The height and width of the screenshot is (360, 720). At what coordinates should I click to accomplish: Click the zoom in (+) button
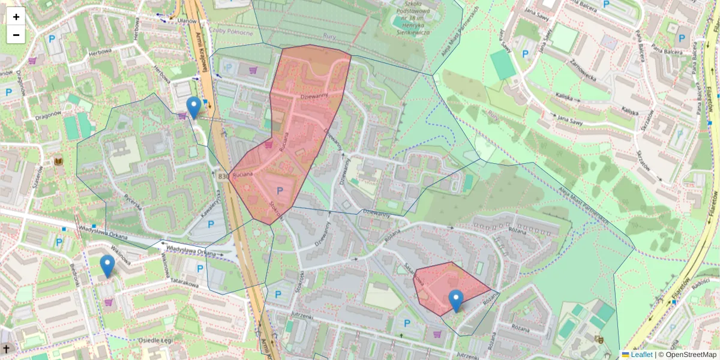coord(16,17)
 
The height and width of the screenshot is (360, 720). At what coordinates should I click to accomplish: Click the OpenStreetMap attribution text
coord(691,355)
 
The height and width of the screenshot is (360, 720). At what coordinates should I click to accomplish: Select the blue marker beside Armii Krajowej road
coord(194,107)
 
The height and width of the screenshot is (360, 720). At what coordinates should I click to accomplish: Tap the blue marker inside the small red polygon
coord(456,301)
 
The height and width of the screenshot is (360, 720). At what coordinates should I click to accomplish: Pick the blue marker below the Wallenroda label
coord(107,266)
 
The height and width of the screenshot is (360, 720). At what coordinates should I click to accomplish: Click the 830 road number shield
coord(223,176)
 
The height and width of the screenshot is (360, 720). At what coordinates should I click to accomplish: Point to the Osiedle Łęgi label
coord(156,340)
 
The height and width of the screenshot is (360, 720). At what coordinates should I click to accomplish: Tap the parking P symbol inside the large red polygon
coord(279,191)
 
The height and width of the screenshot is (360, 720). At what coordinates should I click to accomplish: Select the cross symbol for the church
coord(7,349)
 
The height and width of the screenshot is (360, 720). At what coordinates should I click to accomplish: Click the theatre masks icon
coord(598,339)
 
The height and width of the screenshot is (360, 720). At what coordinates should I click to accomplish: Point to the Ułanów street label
coord(187,21)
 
